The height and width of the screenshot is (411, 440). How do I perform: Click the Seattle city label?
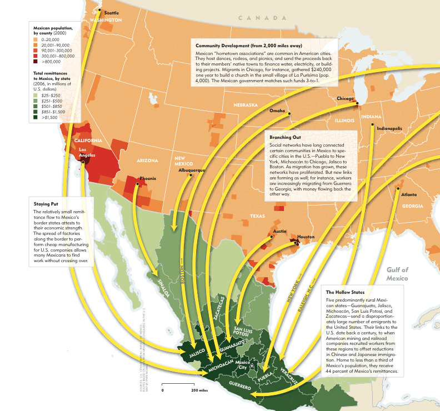tap(111, 12)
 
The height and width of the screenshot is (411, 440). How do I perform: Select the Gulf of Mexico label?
tap(397, 274)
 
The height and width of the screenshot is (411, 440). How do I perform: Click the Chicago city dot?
tap(356, 103)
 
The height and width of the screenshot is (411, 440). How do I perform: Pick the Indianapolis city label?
tap(389, 128)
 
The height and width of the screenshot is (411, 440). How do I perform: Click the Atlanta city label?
tap(409, 194)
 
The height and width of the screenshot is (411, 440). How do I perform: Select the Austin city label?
tap(279, 230)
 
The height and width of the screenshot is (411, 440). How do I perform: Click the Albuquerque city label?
tap(192, 170)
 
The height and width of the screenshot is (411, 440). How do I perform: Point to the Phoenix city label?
tap(148, 178)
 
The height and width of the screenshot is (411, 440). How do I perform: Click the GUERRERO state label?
tap(236, 387)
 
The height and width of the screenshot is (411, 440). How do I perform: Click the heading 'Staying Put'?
tap(47, 204)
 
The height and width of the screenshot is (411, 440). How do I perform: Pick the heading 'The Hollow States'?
tap(345, 292)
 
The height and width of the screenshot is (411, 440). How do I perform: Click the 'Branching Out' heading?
tap(284, 137)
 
